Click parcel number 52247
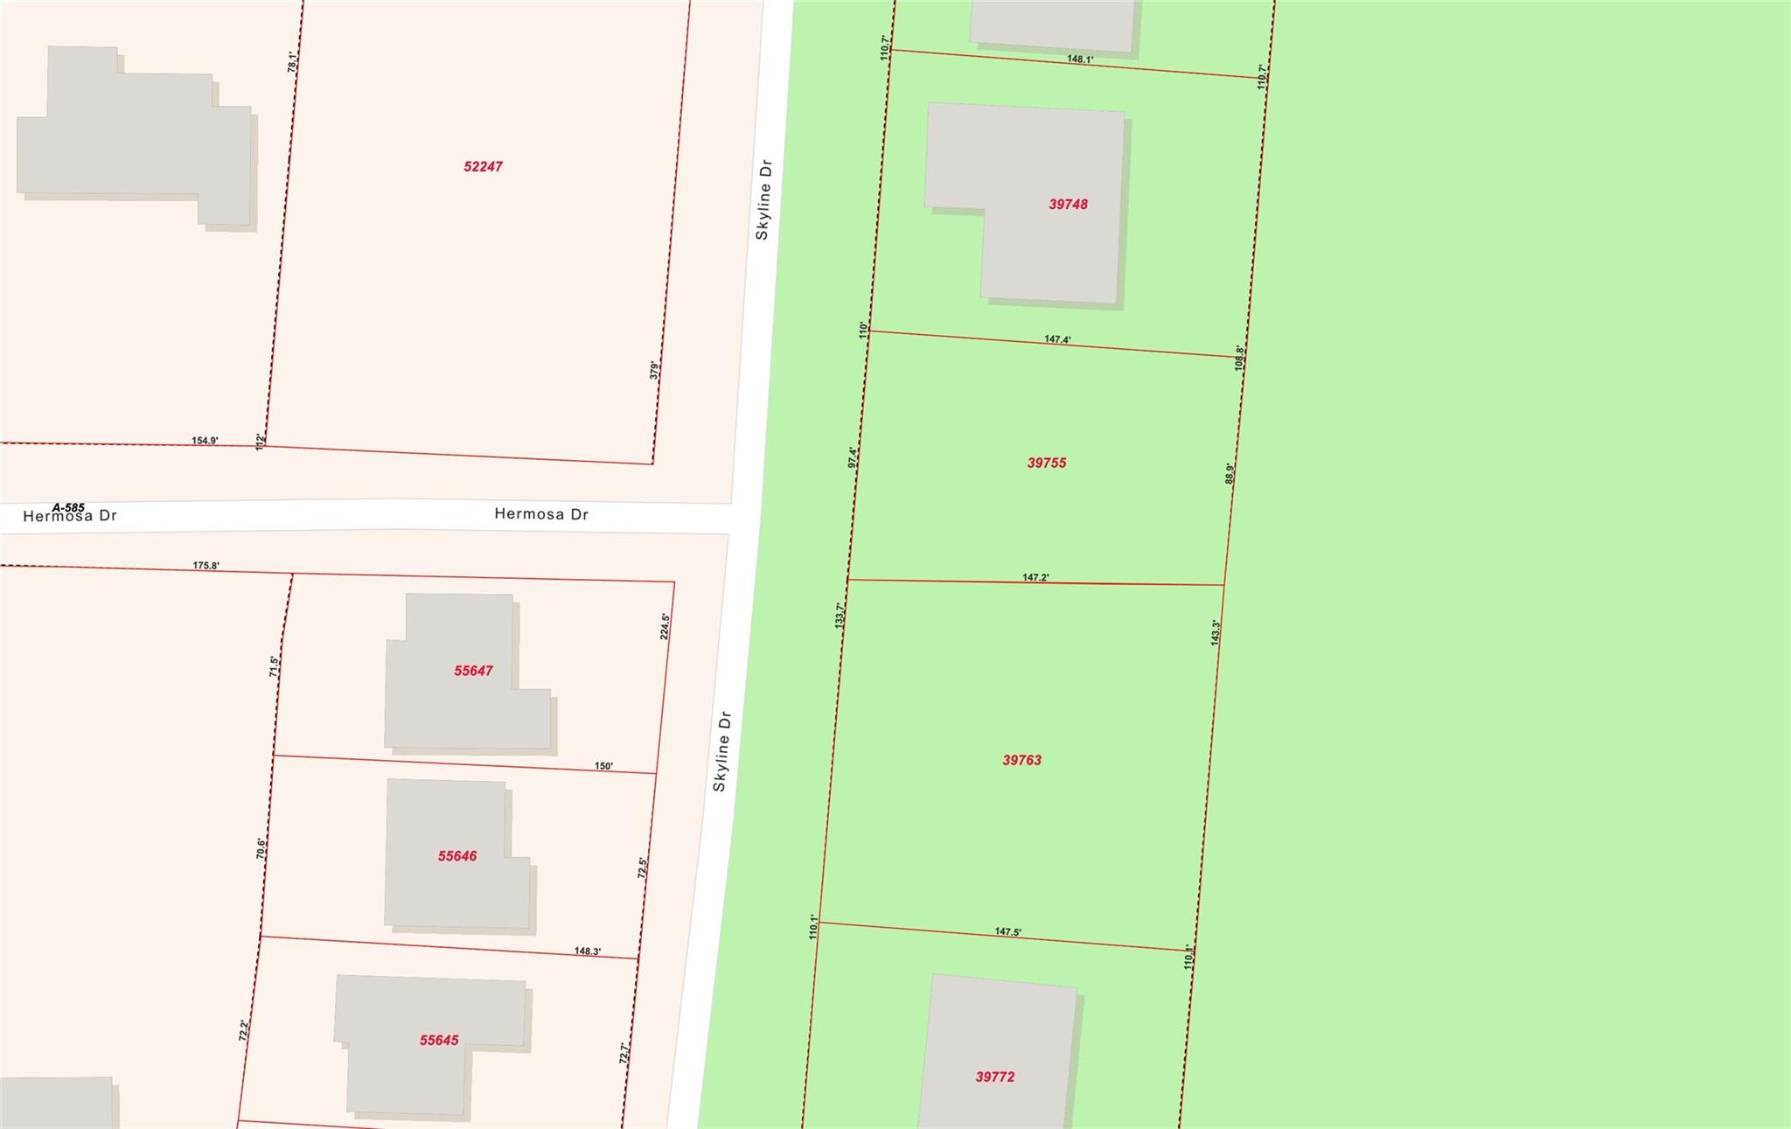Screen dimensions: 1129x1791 click(x=483, y=166)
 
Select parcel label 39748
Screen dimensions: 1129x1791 click(x=1068, y=204)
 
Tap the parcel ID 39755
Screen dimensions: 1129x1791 click(x=1046, y=463)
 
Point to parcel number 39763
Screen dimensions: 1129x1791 click(x=1021, y=760)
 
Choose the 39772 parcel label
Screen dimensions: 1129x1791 click(x=995, y=1077)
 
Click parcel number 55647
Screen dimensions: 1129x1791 click(x=473, y=671)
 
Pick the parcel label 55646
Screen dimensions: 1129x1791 click(x=457, y=856)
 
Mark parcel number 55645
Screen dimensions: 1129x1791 click(x=439, y=1040)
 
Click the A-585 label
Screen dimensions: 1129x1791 click(x=68, y=507)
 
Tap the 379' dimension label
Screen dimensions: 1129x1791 click(x=654, y=370)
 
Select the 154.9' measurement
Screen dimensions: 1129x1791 click(x=205, y=441)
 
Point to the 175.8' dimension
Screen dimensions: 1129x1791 click(x=206, y=566)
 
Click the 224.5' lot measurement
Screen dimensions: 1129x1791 click(x=666, y=626)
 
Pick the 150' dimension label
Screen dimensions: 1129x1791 click(x=603, y=766)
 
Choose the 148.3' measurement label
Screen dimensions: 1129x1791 click(x=588, y=951)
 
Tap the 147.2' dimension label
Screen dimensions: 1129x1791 click(x=1035, y=577)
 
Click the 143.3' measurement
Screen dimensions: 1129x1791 click(x=1216, y=632)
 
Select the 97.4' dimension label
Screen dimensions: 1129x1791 click(x=853, y=457)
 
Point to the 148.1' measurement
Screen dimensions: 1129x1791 click(x=1080, y=59)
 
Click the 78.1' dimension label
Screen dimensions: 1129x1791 click(x=293, y=61)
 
